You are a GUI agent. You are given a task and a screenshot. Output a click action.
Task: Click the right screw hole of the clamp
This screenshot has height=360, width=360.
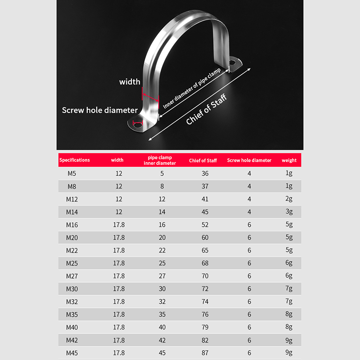[x=233, y=62]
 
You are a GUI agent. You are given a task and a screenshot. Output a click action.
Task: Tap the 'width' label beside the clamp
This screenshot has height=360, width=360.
[x=130, y=82]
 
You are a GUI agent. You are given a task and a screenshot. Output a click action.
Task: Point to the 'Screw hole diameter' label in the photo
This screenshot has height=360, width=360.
[x=100, y=110]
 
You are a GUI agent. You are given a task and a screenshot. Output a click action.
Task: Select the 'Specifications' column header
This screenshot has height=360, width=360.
[x=75, y=160]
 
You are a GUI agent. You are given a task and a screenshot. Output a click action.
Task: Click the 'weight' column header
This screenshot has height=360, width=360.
[x=289, y=160]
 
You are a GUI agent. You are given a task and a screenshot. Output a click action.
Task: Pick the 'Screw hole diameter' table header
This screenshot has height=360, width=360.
[x=249, y=160]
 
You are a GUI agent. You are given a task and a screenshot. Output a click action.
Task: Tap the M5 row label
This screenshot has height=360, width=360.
[x=72, y=173]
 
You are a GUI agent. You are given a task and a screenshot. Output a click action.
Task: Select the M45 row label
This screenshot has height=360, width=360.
[x=72, y=353]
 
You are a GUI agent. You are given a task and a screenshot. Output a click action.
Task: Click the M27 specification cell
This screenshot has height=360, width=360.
[x=72, y=276]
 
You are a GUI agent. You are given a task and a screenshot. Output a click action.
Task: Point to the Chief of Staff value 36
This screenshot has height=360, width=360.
[x=205, y=173]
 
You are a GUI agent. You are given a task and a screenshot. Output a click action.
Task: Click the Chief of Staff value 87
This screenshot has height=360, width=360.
[x=205, y=353]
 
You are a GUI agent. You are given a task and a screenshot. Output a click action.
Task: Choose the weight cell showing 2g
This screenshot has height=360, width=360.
[x=289, y=199]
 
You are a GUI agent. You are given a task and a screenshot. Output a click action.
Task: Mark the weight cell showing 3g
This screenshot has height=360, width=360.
[x=289, y=211]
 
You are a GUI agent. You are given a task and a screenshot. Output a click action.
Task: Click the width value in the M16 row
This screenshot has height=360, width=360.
[x=119, y=225]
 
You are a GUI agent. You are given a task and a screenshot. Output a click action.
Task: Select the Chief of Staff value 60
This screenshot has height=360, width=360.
[x=205, y=237]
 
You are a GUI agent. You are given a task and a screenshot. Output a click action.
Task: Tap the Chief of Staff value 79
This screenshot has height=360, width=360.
[x=205, y=327]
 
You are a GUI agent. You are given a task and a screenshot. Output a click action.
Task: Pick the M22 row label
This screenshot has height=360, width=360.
[x=72, y=250]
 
